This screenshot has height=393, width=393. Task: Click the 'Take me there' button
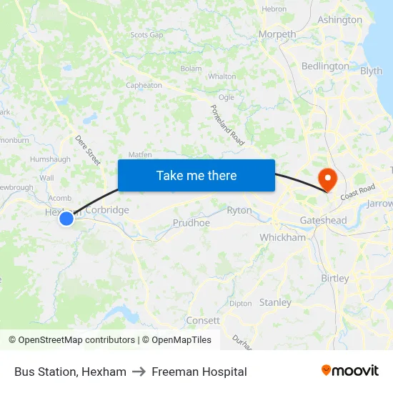point(196,175)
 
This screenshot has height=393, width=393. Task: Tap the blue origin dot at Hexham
point(66,219)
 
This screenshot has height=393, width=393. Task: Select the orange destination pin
point(328,178)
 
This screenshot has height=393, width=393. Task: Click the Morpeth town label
point(277,34)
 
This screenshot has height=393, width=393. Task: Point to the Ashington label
point(339,19)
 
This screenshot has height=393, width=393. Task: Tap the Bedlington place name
point(325,66)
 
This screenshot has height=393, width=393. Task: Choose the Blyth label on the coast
point(372,71)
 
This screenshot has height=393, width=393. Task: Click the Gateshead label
point(323,220)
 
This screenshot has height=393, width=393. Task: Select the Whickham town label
point(282,237)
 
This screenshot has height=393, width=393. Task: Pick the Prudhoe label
point(191,223)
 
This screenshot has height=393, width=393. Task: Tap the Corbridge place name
point(106,210)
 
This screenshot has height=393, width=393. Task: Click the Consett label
point(203,320)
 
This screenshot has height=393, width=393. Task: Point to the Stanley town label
point(275,302)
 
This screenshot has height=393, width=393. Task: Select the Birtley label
point(335,278)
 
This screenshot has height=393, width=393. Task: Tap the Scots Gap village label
point(146,34)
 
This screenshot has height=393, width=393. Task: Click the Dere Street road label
point(88,151)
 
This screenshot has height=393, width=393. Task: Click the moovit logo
point(349,371)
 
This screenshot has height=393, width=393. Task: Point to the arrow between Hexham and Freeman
point(139,372)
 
